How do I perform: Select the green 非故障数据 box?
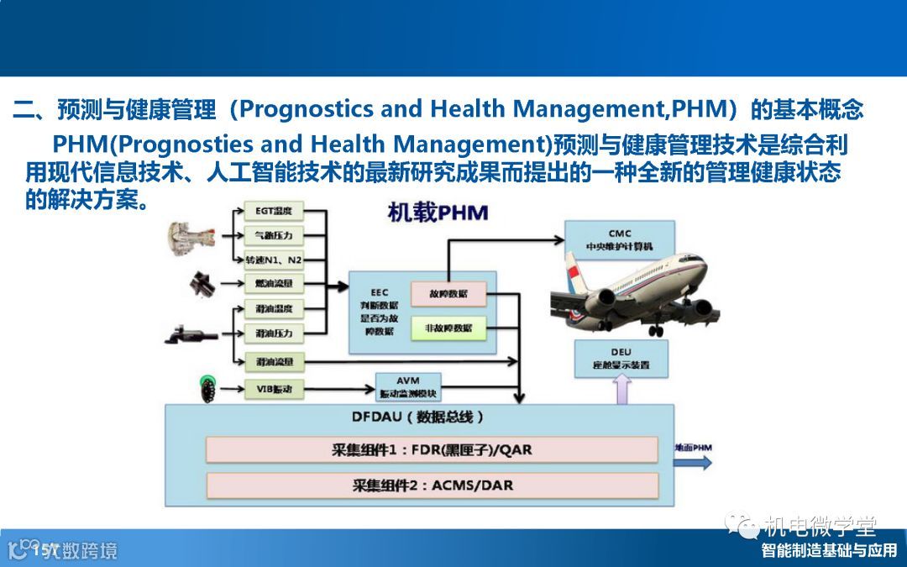(x=448, y=328)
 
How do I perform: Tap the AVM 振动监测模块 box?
(x=407, y=387)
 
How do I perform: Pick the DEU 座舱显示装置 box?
(x=621, y=358)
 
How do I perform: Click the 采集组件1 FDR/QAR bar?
(x=432, y=449)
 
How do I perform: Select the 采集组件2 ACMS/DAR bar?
(x=432, y=485)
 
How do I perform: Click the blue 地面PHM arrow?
(x=695, y=458)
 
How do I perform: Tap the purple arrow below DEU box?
(x=621, y=390)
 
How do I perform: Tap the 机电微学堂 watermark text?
(x=819, y=527)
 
